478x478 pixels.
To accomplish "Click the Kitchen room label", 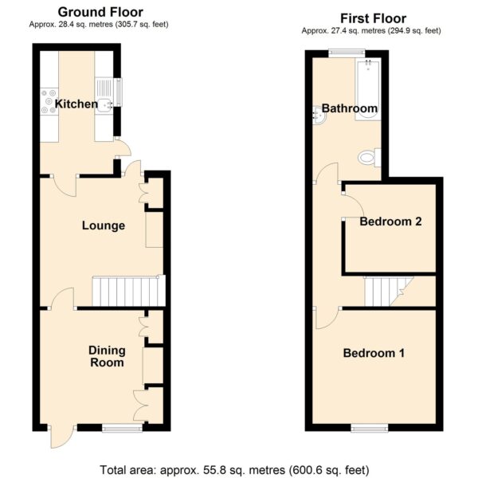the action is coord(76,104).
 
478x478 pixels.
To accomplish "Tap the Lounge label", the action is coord(104,225).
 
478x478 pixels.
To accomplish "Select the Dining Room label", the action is coord(107,356).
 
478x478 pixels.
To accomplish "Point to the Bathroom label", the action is coord(350,108).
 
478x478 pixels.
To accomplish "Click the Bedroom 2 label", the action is coord(390,221).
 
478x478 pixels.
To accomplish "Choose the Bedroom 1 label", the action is coord(374,353).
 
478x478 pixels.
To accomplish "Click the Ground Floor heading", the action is coord(100,12).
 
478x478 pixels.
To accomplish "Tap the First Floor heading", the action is coord(373,18).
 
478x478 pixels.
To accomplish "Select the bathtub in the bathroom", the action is coord(368,90).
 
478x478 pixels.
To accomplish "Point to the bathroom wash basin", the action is coord(319,116).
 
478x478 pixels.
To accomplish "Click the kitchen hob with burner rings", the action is coord(49,101).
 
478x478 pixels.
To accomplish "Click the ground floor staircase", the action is coord(128,291).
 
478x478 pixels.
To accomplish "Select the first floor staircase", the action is coord(389,291).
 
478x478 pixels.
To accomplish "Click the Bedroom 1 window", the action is coord(370,429).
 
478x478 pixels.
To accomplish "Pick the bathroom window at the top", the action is coord(347,53).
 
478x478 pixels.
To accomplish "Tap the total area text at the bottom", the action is coord(234,470).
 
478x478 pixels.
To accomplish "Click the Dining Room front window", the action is coord(122,429).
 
